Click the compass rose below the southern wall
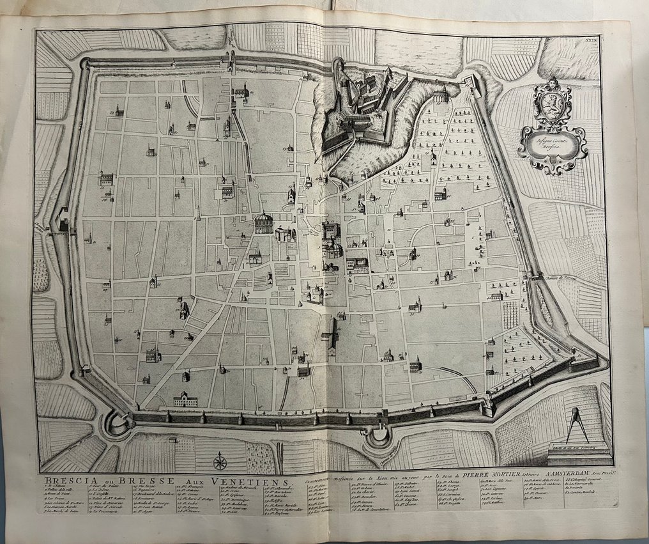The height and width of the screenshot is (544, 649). click(220, 460)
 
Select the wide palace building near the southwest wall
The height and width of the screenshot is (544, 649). click(185, 400)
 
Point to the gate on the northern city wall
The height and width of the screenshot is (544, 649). click(228, 62)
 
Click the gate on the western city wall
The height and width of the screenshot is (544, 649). click(63, 224)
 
